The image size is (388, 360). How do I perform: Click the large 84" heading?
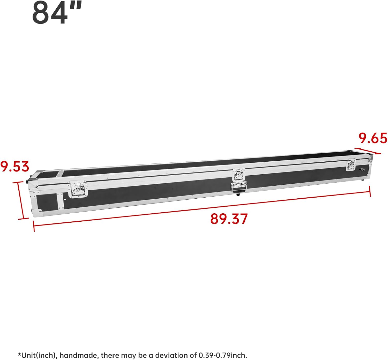click(57, 12)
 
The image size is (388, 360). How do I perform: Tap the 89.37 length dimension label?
click(229, 219)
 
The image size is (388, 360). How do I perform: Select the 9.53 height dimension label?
click(15, 167)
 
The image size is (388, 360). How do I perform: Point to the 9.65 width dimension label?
click(373, 138)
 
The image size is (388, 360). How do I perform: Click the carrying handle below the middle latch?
click(239, 188)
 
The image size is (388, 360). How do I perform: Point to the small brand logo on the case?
click(363, 170)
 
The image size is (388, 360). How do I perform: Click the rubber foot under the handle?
click(238, 194)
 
